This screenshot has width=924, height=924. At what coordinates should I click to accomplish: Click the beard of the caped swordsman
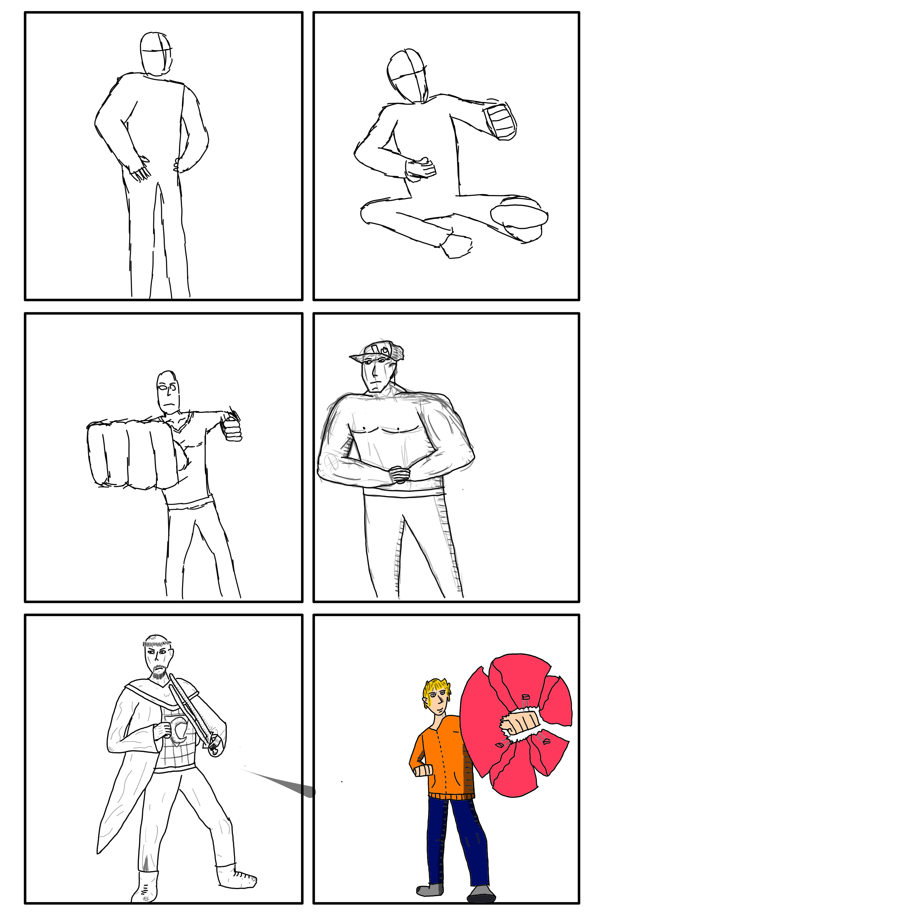[159, 674]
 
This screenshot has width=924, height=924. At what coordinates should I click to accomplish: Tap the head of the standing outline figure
[156, 54]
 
